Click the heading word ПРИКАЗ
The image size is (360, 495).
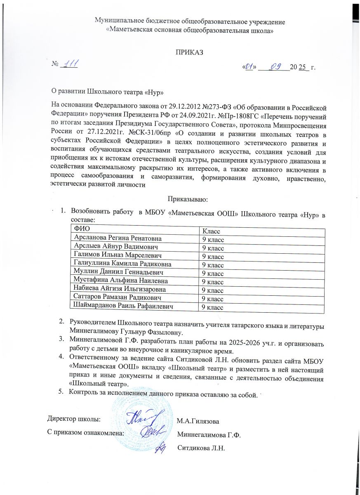pyautogui.click(x=189, y=53)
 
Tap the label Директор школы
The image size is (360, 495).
pyautogui.click(x=74, y=420)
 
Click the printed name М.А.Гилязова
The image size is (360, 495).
pyautogui.click(x=198, y=421)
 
